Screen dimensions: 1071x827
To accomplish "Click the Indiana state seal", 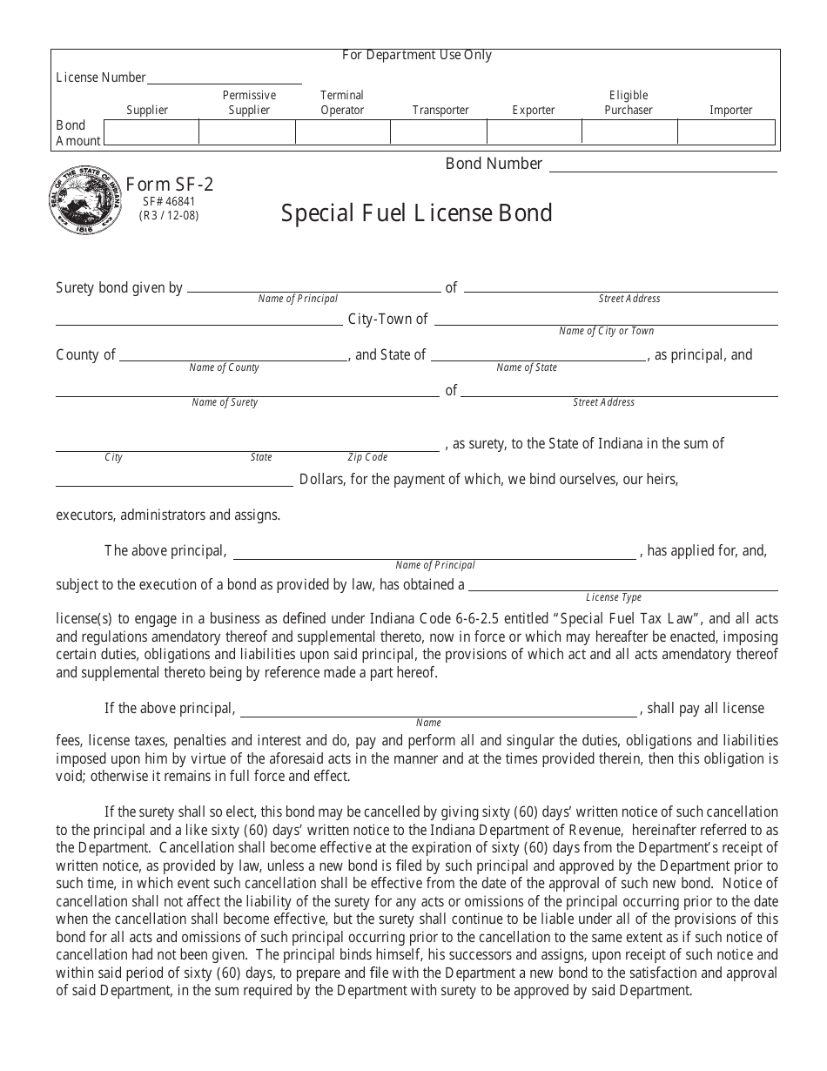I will tap(85, 200).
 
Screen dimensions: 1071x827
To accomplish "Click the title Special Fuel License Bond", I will tap(416, 213).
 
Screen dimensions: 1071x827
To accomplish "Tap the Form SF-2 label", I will tap(170, 185).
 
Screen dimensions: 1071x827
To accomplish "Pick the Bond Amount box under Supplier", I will tap(151, 132).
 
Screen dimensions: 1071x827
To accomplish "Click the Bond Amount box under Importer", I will tap(725, 132).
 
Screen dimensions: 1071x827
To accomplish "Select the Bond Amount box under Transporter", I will tap(438, 132).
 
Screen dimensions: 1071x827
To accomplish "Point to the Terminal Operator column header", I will tap(342, 103).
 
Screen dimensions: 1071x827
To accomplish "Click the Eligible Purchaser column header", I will tap(629, 103).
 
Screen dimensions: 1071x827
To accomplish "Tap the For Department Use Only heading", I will tap(416, 56).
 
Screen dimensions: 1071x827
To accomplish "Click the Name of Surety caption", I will tap(225, 402).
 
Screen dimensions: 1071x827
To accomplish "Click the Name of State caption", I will tap(527, 367).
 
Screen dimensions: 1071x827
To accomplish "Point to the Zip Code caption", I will tap(367, 457).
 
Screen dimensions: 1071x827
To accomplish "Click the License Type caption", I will tap(614, 597).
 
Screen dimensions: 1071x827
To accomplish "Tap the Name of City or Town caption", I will tap(606, 331).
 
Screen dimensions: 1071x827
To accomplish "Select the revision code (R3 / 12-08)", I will tap(169, 214).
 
